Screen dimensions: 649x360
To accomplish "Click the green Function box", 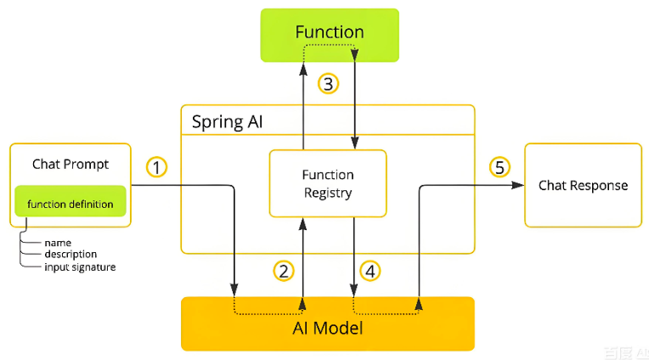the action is pos(330,35).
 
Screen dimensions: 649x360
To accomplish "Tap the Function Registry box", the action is pos(328,183).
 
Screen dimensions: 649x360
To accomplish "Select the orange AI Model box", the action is pos(328,323).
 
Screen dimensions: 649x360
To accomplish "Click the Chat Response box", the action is pos(584,185).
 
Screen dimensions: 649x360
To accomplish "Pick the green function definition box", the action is pos(71,201).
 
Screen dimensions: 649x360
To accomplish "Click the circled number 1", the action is pos(156,167).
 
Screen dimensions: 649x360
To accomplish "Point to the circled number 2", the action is pos(284,272).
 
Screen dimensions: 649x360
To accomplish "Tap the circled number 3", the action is pos(328,83).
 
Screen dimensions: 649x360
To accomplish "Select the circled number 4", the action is pos(370,272).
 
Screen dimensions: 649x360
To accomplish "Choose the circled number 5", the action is pos(499,167).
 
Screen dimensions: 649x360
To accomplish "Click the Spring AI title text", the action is pos(227,122).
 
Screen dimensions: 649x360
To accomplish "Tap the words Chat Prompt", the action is pos(71,164).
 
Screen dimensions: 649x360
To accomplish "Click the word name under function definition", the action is pos(58,243).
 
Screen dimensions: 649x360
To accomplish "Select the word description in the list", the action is pos(71,254).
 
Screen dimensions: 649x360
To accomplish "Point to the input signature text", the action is pos(81,267).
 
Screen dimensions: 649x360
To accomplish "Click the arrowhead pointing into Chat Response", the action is pos(518,185).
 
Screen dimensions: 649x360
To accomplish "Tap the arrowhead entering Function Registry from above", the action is pos(355,143).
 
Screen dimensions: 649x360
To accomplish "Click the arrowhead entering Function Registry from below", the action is pos(303,224).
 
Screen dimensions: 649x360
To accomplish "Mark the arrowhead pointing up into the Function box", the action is pos(303,70).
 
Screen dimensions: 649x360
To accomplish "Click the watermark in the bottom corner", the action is pos(626,353).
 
